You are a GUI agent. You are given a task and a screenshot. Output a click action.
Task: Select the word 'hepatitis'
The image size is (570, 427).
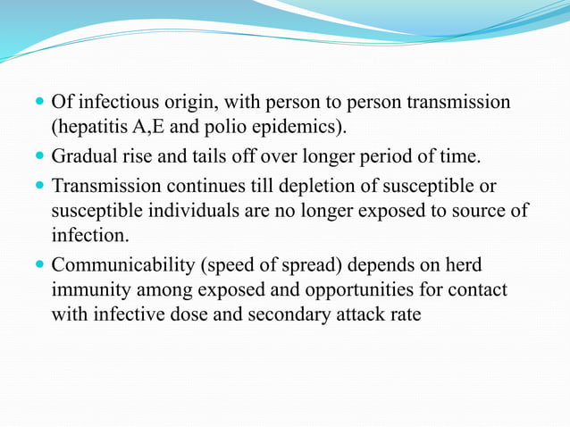[x=88, y=126]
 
